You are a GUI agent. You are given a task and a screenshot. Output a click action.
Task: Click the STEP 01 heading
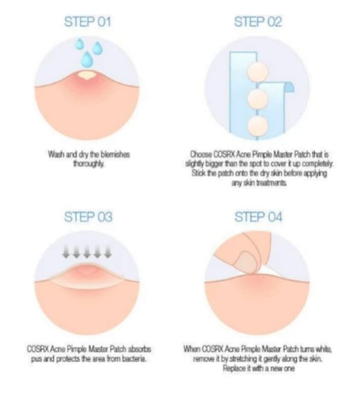87,22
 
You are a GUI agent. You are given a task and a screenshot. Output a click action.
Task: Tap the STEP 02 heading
258,22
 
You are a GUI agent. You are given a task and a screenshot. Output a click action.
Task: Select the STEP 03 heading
88,217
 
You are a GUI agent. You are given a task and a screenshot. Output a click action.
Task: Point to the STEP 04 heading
258,217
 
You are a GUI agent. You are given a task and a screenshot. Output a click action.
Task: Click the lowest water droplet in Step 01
87,60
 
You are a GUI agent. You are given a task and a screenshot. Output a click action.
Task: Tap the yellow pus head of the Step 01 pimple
87,75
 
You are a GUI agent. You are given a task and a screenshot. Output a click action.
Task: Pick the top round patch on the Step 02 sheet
258,71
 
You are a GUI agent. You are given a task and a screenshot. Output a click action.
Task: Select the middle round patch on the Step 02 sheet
258,98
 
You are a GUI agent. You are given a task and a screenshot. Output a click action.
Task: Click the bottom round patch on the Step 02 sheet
258,126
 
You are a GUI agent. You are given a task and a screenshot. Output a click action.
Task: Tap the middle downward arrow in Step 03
87,252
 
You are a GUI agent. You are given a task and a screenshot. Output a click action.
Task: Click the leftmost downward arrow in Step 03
66,252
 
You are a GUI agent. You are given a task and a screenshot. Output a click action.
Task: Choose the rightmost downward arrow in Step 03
108,252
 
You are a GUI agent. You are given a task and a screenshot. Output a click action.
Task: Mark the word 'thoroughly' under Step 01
89,164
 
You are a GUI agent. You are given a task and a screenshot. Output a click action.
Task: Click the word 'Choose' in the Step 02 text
200,155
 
